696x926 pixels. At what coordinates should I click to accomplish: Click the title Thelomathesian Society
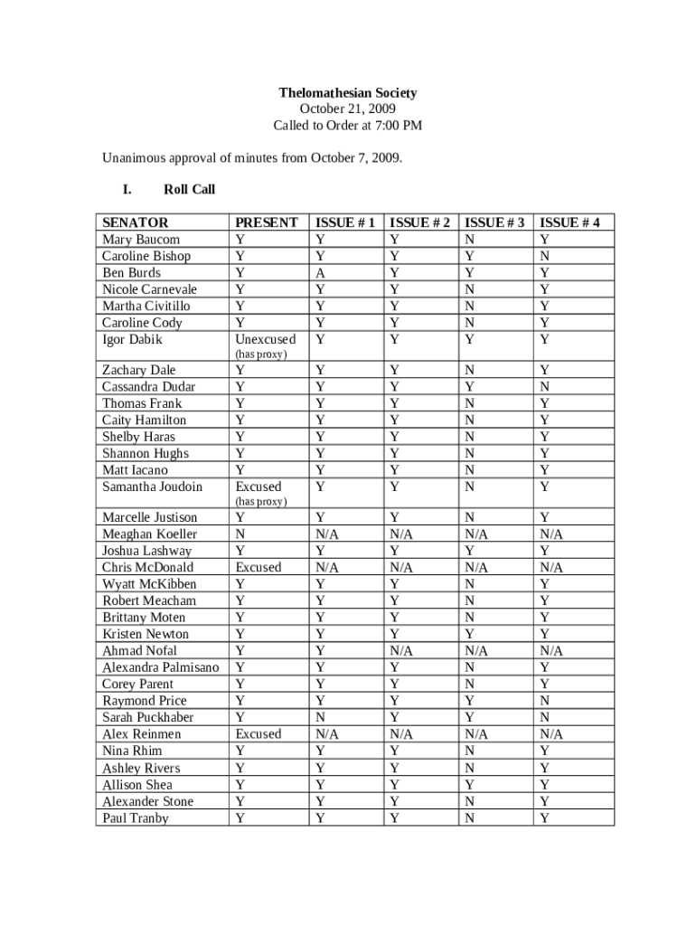click(348, 93)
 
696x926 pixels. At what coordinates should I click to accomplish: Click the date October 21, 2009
click(348, 109)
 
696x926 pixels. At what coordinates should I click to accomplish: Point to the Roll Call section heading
click(189, 190)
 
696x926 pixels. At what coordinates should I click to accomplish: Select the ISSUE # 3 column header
click(495, 222)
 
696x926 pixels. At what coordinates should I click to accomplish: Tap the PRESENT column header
click(266, 222)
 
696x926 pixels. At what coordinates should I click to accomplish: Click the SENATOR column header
click(136, 222)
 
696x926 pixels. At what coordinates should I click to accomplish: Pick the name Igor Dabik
click(132, 339)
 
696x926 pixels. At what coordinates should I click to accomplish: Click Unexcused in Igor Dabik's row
click(265, 339)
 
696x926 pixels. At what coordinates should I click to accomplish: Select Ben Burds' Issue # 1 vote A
click(320, 272)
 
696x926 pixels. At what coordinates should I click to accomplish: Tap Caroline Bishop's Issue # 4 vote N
click(544, 256)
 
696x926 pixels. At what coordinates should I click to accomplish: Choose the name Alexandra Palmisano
click(160, 667)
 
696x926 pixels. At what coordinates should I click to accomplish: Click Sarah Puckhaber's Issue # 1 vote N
click(320, 717)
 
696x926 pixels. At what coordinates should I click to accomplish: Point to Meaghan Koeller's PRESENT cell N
click(239, 534)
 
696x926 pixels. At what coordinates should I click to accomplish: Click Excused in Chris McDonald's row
click(258, 568)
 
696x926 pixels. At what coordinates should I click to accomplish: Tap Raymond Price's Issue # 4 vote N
click(544, 701)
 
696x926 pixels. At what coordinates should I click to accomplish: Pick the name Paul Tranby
click(136, 817)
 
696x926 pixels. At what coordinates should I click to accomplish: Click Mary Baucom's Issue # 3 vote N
click(468, 240)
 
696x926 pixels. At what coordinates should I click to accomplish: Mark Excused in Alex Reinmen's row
click(258, 734)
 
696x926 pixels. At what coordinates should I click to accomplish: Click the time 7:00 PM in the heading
click(402, 126)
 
